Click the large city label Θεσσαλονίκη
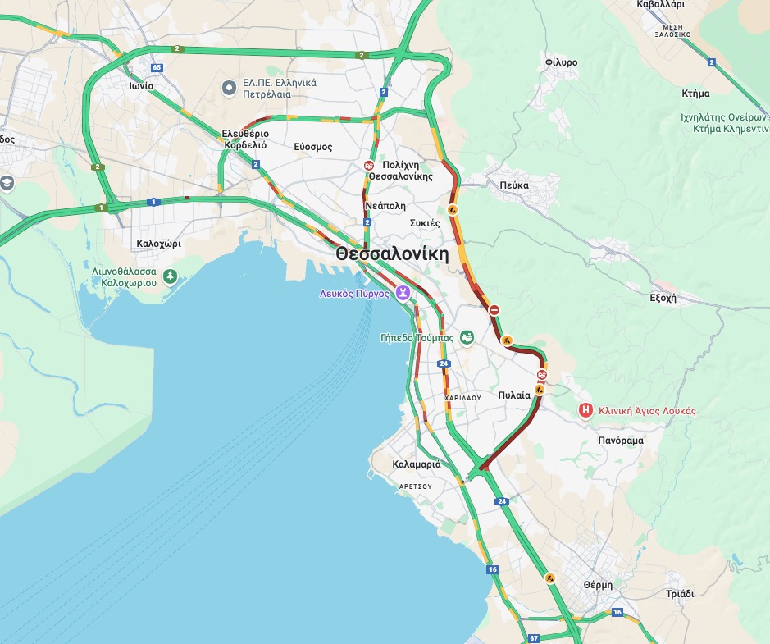click(x=392, y=254)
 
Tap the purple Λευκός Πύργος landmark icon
click(x=403, y=293)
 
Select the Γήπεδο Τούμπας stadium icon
click(x=467, y=337)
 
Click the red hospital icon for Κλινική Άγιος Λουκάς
click(x=585, y=410)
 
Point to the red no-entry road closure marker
click(x=494, y=310)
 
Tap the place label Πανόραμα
click(x=621, y=441)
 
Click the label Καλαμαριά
click(x=417, y=464)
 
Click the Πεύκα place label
click(x=514, y=185)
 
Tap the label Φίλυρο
click(x=561, y=62)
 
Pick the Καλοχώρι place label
click(x=158, y=244)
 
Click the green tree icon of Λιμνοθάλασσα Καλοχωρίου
click(x=170, y=276)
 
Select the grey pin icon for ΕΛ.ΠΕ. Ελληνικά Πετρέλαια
click(x=230, y=87)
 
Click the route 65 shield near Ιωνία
click(x=156, y=67)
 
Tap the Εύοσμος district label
click(x=313, y=147)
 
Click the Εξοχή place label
click(x=663, y=299)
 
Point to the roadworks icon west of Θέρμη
click(x=550, y=578)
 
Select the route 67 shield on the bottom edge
click(x=534, y=637)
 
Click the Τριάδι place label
click(x=680, y=594)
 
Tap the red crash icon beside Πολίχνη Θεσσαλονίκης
click(x=369, y=165)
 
